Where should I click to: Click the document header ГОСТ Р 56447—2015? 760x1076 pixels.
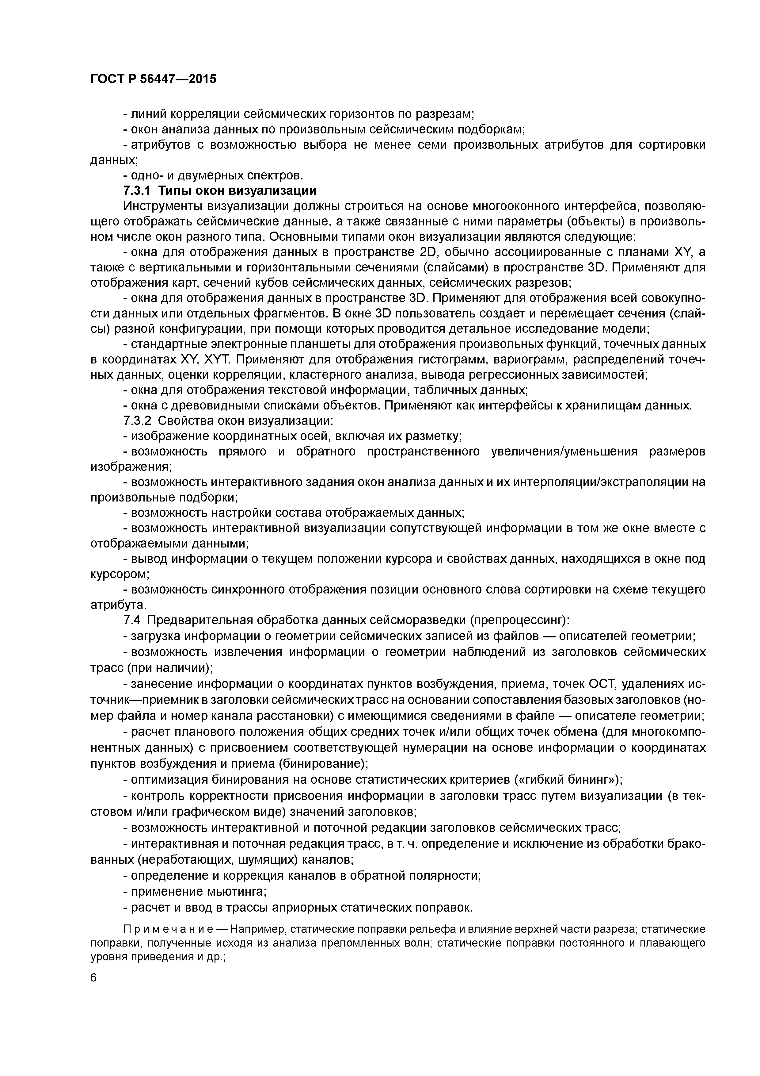(153, 79)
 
